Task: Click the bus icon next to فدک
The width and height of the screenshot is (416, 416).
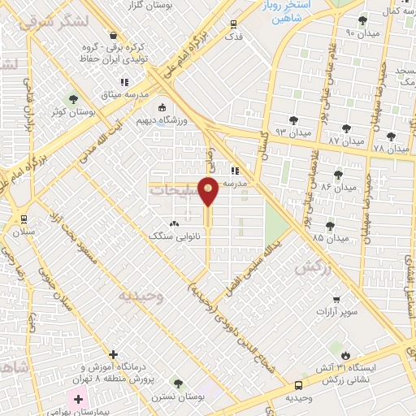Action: click(x=234, y=24)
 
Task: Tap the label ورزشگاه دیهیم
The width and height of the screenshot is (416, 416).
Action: click(x=184, y=121)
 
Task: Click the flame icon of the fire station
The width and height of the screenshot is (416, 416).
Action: click(x=346, y=355)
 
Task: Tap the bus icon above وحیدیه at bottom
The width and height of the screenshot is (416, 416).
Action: click(x=299, y=385)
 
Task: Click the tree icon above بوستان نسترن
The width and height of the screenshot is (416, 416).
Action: click(x=177, y=383)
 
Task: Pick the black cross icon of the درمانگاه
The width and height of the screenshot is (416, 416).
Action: click(x=113, y=354)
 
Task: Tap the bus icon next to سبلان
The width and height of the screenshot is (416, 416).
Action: click(x=23, y=218)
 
